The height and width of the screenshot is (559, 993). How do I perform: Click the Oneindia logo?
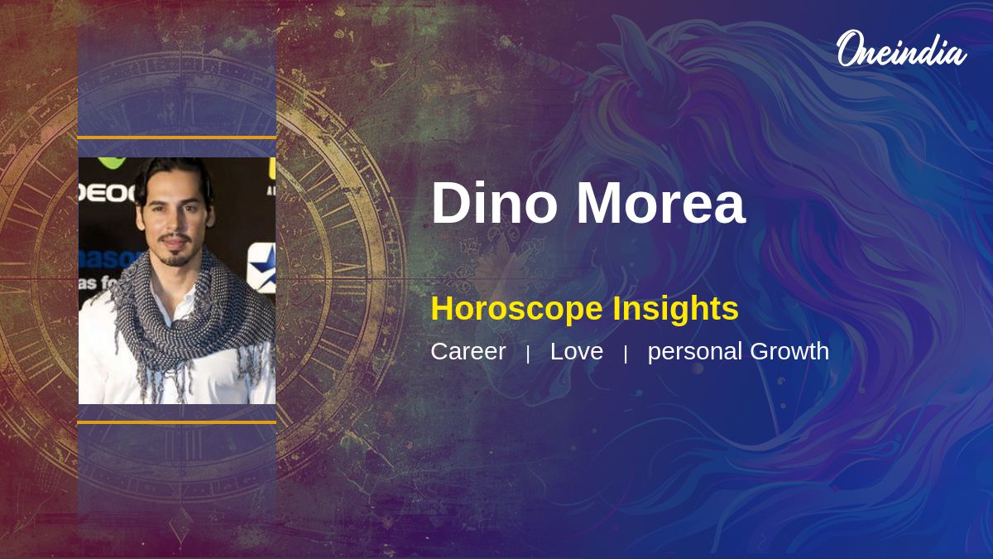pos(902,49)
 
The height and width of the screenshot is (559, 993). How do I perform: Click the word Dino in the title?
pos(494,203)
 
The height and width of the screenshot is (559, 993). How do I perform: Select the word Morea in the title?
pos(661,203)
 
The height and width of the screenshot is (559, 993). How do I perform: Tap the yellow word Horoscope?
pos(517,309)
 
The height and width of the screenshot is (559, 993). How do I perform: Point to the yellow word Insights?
pos(675,308)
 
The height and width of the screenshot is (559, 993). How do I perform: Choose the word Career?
pos(468,351)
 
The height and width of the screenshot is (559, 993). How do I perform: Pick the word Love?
pos(576,351)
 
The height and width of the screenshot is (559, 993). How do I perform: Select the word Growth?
pos(789,351)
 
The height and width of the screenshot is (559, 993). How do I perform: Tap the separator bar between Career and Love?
pos(528,354)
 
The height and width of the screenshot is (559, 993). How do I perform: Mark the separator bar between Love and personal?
pos(626,354)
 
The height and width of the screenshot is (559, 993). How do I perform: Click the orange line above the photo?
pos(177,138)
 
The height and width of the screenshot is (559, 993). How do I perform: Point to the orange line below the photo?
pos(177,422)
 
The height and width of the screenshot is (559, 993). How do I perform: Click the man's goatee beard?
pos(175,258)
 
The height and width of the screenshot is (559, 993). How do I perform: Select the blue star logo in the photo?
pos(262,267)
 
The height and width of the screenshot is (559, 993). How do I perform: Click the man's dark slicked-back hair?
pos(174,177)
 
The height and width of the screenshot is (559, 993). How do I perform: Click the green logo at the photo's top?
pos(112,162)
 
